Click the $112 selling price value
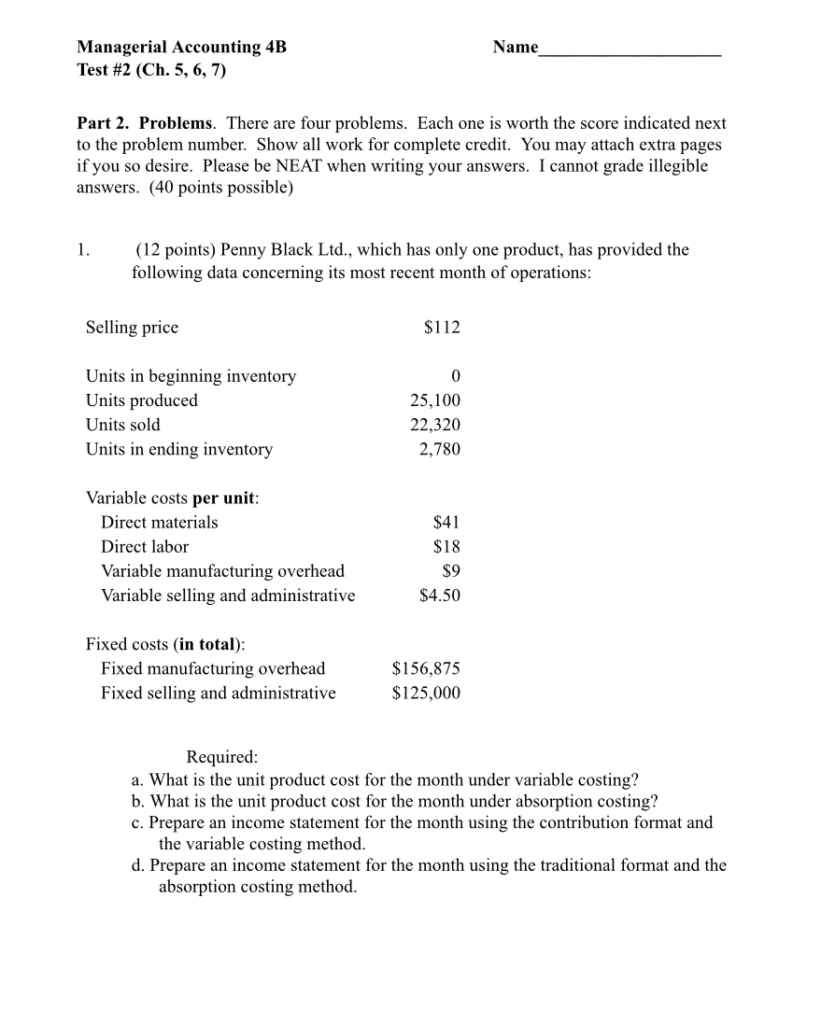pos(442,328)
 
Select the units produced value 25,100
pos(434,400)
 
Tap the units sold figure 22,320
pos(434,425)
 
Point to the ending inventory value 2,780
pos(440,449)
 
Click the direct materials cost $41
pos(446,522)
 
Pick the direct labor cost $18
pos(446,546)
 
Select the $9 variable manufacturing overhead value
pos(451,570)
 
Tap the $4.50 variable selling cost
pos(440,595)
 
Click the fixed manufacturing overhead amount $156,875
pos(426,668)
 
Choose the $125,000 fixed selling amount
pos(426,693)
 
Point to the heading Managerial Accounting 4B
pos(181,47)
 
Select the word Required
pos(221,756)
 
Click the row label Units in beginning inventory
pos(191,376)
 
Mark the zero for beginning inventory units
pos(456,376)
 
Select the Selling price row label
pos(132,328)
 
